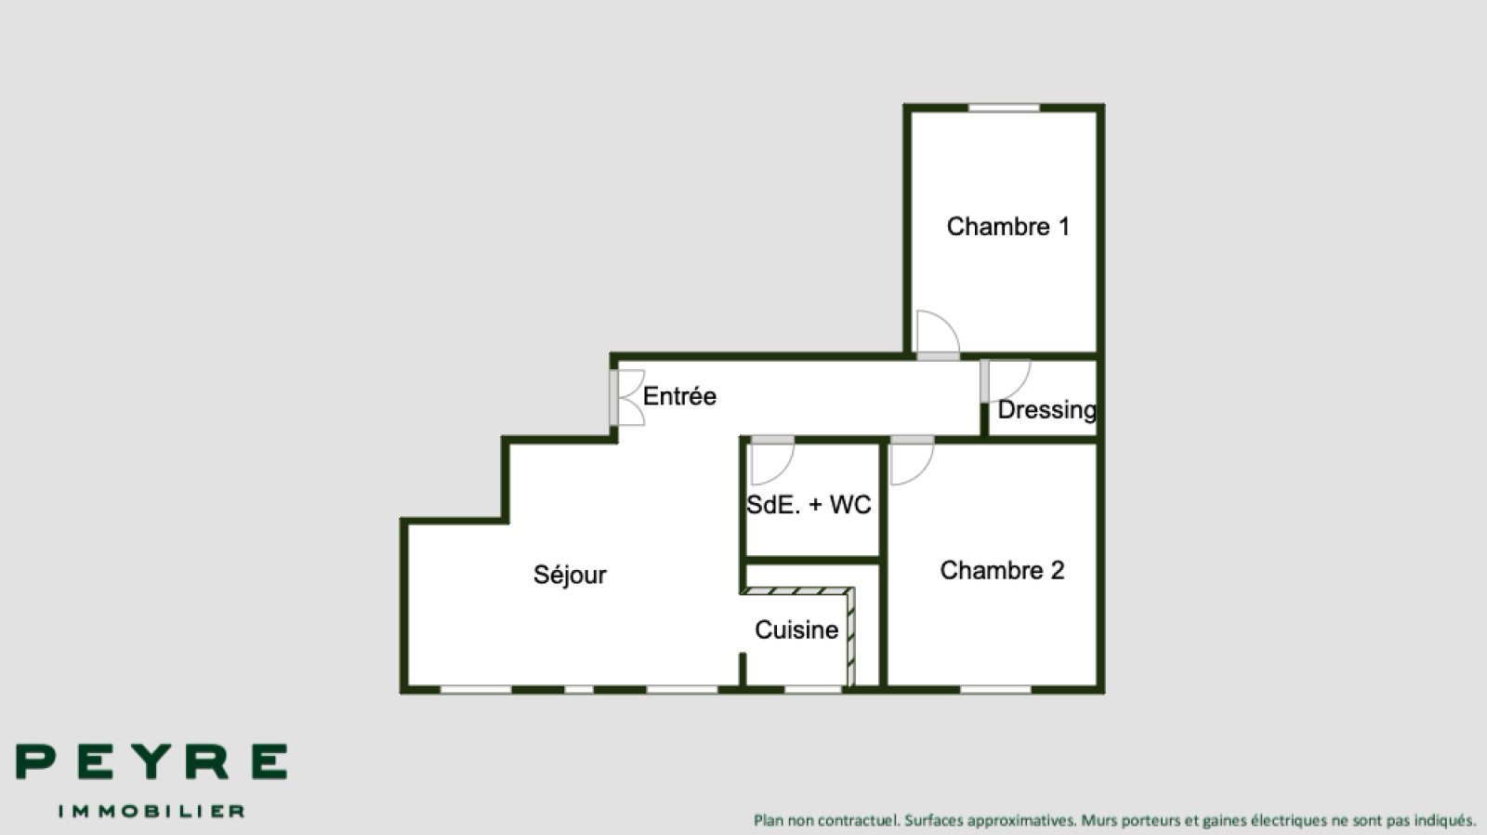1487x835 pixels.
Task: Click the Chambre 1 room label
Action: pos(1007,227)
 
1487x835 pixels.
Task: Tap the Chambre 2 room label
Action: pos(1002,570)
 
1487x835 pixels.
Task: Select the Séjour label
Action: pos(570,575)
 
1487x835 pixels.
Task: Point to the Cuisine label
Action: pos(796,630)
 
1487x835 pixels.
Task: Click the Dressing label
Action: pos(1046,410)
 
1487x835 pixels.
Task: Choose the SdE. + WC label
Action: pos(809,505)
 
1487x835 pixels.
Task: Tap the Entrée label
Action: pos(679,396)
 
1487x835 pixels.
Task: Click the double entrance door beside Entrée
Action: pos(627,397)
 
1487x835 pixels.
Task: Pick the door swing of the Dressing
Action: pos(1006,380)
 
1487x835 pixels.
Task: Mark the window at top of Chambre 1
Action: pos(1004,108)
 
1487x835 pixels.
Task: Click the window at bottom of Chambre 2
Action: pos(995,690)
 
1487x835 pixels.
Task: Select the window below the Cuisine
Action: pos(813,690)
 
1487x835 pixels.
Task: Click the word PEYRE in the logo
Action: pos(151,762)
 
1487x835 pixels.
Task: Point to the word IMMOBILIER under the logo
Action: pos(151,811)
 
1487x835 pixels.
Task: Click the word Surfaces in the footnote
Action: pos(933,820)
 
